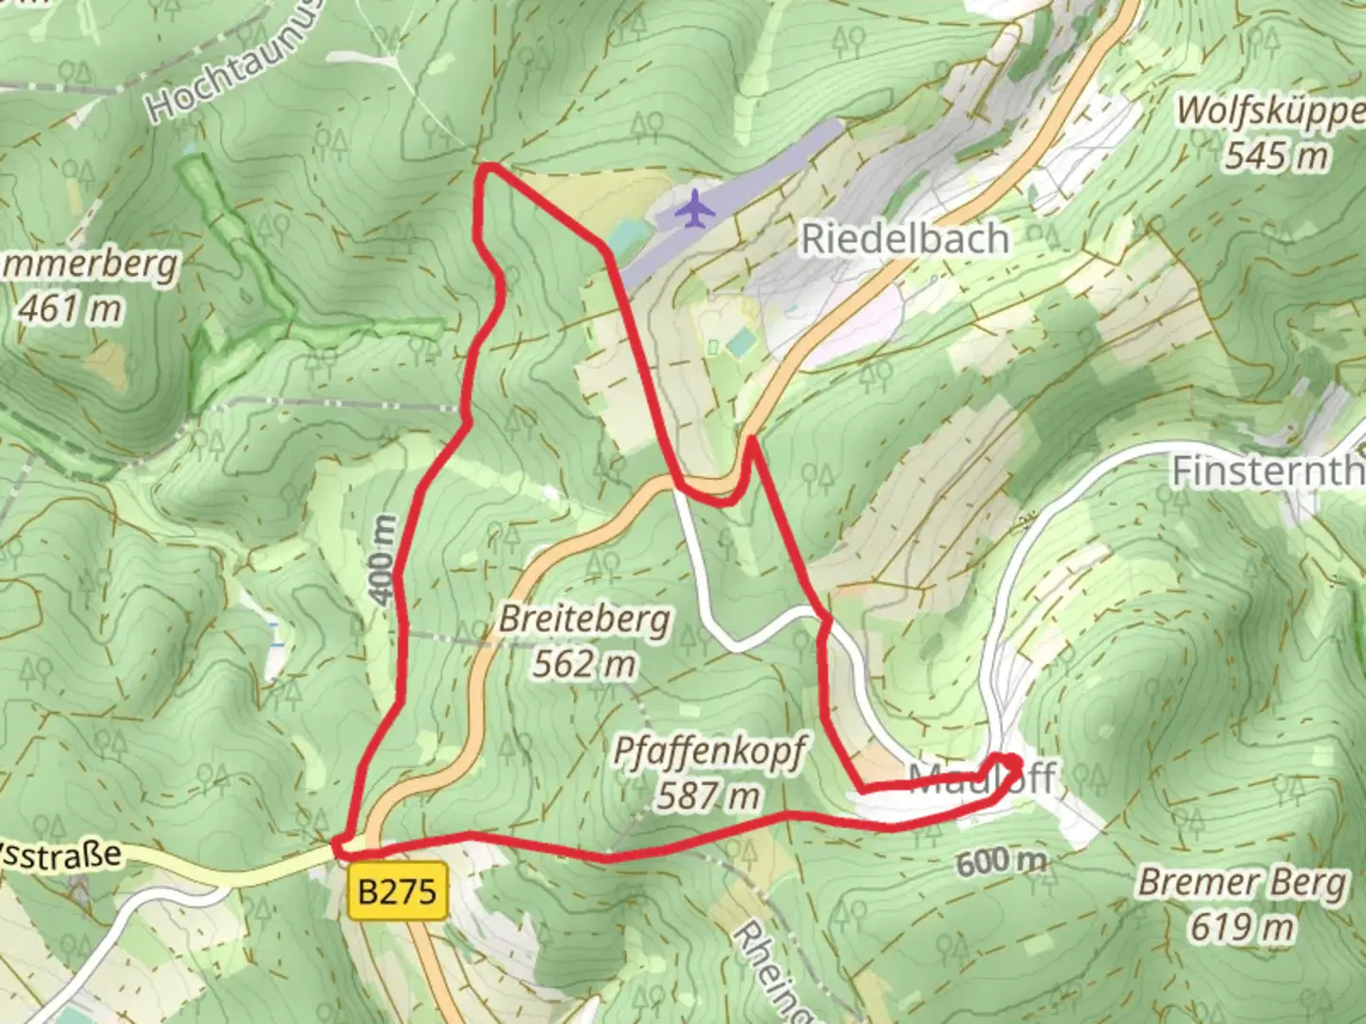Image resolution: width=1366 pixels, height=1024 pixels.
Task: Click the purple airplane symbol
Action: click(x=695, y=209)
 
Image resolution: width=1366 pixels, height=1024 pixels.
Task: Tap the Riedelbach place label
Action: click(x=905, y=239)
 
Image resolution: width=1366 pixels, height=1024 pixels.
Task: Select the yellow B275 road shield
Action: click(x=397, y=891)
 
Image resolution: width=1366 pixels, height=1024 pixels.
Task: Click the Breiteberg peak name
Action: click(x=584, y=620)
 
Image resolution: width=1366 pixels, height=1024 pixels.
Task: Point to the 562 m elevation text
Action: click(x=583, y=664)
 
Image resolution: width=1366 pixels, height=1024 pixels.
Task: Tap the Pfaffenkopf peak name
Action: click(x=710, y=751)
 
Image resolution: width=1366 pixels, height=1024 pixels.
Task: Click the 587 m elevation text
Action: click(x=709, y=795)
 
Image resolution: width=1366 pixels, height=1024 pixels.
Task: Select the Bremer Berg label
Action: click(x=1243, y=883)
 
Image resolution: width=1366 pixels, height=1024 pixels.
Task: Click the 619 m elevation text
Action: click(x=1242, y=926)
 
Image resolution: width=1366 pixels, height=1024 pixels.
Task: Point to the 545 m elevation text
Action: click(x=1276, y=155)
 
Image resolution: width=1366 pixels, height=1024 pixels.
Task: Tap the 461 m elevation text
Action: click(x=70, y=308)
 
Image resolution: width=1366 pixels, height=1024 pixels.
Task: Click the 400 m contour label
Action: click(x=382, y=559)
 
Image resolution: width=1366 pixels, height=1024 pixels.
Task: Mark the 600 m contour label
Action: click(x=1001, y=862)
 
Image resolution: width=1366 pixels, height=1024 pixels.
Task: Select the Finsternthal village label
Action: click(x=1267, y=471)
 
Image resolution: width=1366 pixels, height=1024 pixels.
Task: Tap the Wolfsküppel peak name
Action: click(x=1271, y=111)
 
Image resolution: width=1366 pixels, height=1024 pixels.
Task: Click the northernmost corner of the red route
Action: click(x=489, y=168)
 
